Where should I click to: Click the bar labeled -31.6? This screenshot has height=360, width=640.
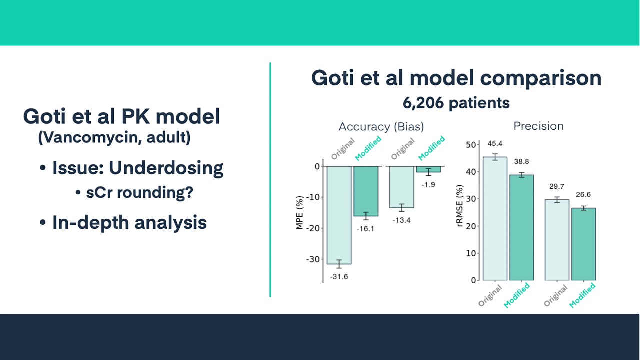tap(339, 215)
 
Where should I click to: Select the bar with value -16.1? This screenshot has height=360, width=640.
tap(366, 191)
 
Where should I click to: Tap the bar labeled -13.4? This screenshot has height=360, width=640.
tap(401, 186)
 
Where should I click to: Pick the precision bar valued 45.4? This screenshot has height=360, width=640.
tap(495, 218)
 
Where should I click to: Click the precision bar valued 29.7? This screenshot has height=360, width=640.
tap(557, 240)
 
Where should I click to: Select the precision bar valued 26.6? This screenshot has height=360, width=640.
tap(583, 244)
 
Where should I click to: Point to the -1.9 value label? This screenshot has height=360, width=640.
tap(428, 185)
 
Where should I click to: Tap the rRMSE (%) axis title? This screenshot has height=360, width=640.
tap(460, 206)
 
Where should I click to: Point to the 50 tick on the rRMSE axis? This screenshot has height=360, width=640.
tap(471, 145)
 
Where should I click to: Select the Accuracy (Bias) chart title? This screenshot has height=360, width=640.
tap(381, 127)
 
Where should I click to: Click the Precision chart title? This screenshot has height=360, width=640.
tap(538, 126)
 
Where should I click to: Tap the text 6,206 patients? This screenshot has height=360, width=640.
tap(456, 103)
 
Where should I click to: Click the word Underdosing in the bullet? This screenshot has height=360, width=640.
tap(166, 168)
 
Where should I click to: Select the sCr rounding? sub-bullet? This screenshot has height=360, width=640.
tap(139, 193)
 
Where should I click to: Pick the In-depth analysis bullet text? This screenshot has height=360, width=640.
tap(129, 222)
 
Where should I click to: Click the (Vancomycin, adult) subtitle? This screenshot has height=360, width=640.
tap(114, 137)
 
